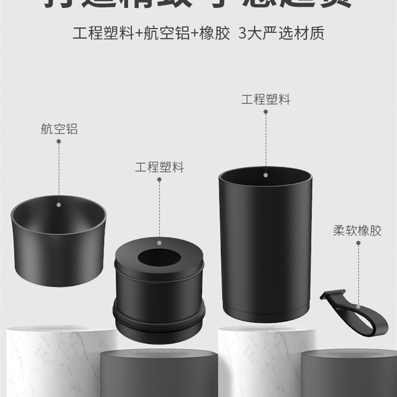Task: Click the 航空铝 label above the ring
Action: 59,130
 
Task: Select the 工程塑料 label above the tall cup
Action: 265,99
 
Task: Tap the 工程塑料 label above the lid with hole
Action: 159,167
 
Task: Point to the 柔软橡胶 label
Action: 357,231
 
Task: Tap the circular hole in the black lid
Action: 159,258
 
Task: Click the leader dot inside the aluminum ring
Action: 59,203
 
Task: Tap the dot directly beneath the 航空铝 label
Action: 59,141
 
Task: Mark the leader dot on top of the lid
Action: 159,243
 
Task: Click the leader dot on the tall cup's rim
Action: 266,175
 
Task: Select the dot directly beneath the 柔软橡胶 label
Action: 357,243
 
